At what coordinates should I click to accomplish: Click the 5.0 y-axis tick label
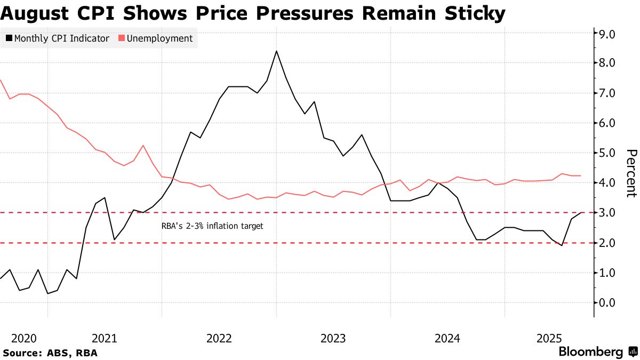[x=609, y=153]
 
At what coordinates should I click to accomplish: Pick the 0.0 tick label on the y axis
[x=609, y=303]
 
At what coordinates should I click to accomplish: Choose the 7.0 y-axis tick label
[x=609, y=93]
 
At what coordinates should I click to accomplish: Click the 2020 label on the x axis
[x=23, y=338]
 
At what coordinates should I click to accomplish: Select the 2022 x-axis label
[x=219, y=338]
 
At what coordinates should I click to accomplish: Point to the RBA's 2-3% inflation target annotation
[x=212, y=226]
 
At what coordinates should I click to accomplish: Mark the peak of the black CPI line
[x=276, y=51]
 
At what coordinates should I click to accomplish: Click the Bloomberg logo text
[x=590, y=352]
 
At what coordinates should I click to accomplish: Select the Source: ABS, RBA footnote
[x=51, y=353]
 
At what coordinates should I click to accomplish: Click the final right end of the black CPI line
[x=581, y=213]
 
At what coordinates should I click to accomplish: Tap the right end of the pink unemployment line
[x=581, y=175]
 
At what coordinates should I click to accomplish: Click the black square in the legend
[x=9, y=38]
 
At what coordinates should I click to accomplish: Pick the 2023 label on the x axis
[x=333, y=338]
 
